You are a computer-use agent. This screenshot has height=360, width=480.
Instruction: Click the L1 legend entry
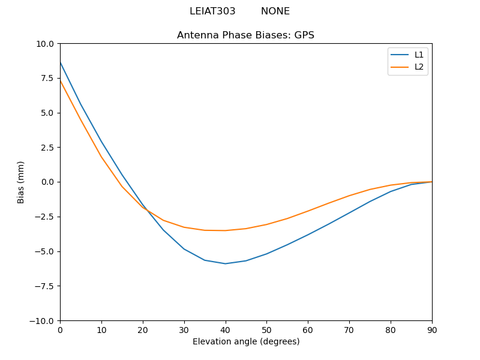419,55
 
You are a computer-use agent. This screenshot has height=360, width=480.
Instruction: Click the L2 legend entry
419,67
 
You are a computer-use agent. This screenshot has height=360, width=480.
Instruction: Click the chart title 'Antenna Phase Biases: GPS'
245,35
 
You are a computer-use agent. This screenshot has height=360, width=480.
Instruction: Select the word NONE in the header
275,11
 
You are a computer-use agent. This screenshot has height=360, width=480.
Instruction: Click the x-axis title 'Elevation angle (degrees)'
246,341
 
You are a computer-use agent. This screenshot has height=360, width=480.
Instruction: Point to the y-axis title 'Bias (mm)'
21,182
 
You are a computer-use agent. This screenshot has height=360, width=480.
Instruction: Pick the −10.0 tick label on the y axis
43,320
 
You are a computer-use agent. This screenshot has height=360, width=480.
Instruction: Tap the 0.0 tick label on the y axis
47,182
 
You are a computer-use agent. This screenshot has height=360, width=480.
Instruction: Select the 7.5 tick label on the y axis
47,78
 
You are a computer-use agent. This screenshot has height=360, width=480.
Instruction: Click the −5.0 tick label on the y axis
45,251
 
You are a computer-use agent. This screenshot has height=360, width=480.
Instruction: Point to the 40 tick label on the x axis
225,329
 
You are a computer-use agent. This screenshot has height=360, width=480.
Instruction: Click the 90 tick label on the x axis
432,329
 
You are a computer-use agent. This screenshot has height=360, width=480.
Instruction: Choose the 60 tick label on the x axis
308,329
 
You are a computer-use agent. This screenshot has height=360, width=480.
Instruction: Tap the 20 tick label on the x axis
143,329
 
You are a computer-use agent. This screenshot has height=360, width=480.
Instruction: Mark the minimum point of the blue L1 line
225,263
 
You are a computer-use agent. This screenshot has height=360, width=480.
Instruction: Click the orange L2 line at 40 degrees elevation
225,230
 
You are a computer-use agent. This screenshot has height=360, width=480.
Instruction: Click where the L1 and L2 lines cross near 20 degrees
145,209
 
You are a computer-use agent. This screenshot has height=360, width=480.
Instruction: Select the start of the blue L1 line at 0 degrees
60,62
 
